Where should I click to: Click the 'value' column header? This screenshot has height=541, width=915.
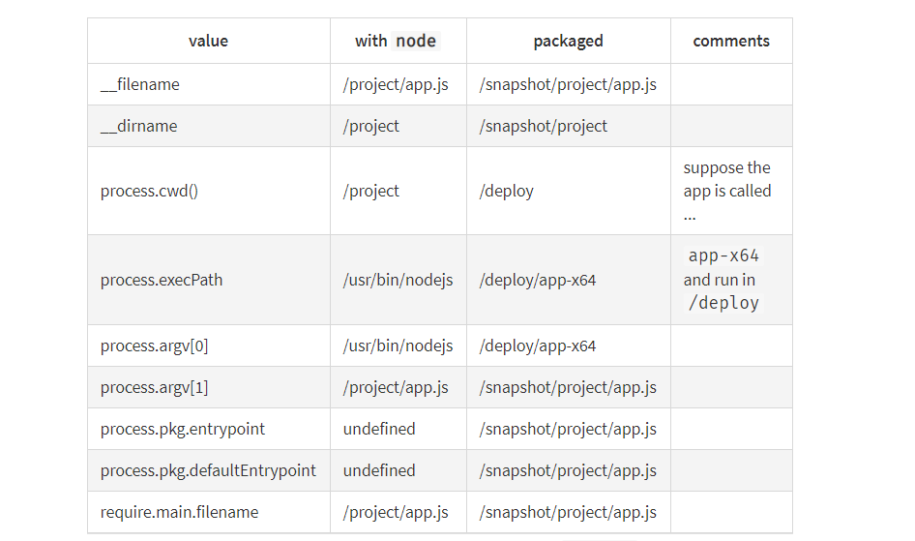(208, 41)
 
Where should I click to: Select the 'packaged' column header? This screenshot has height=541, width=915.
(568, 41)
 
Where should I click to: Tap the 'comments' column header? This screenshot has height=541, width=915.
(731, 41)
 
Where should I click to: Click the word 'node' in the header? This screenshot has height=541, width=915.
(415, 41)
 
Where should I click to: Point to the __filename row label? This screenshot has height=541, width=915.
(139, 84)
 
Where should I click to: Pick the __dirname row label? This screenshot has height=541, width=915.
(138, 126)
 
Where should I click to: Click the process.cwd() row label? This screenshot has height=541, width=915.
(149, 191)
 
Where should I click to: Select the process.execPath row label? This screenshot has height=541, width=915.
(162, 280)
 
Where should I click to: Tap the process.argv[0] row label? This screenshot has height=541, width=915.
(154, 346)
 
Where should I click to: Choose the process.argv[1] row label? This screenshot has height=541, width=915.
(154, 387)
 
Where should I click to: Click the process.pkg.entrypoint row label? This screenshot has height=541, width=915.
(183, 429)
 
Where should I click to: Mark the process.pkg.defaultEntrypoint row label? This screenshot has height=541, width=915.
(208, 470)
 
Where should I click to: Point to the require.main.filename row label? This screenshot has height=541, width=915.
(179, 512)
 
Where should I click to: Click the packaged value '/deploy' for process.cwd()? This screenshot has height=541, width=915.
(506, 191)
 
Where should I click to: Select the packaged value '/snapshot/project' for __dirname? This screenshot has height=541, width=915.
(544, 126)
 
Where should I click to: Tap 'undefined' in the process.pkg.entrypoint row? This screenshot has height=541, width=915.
(379, 429)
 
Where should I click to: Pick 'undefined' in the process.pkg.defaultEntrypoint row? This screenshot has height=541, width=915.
(379, 470)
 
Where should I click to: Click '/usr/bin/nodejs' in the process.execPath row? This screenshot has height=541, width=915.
(398, 280)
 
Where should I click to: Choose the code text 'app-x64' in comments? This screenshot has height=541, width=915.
(723, 256)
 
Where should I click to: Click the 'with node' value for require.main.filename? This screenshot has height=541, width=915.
(396, 512)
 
